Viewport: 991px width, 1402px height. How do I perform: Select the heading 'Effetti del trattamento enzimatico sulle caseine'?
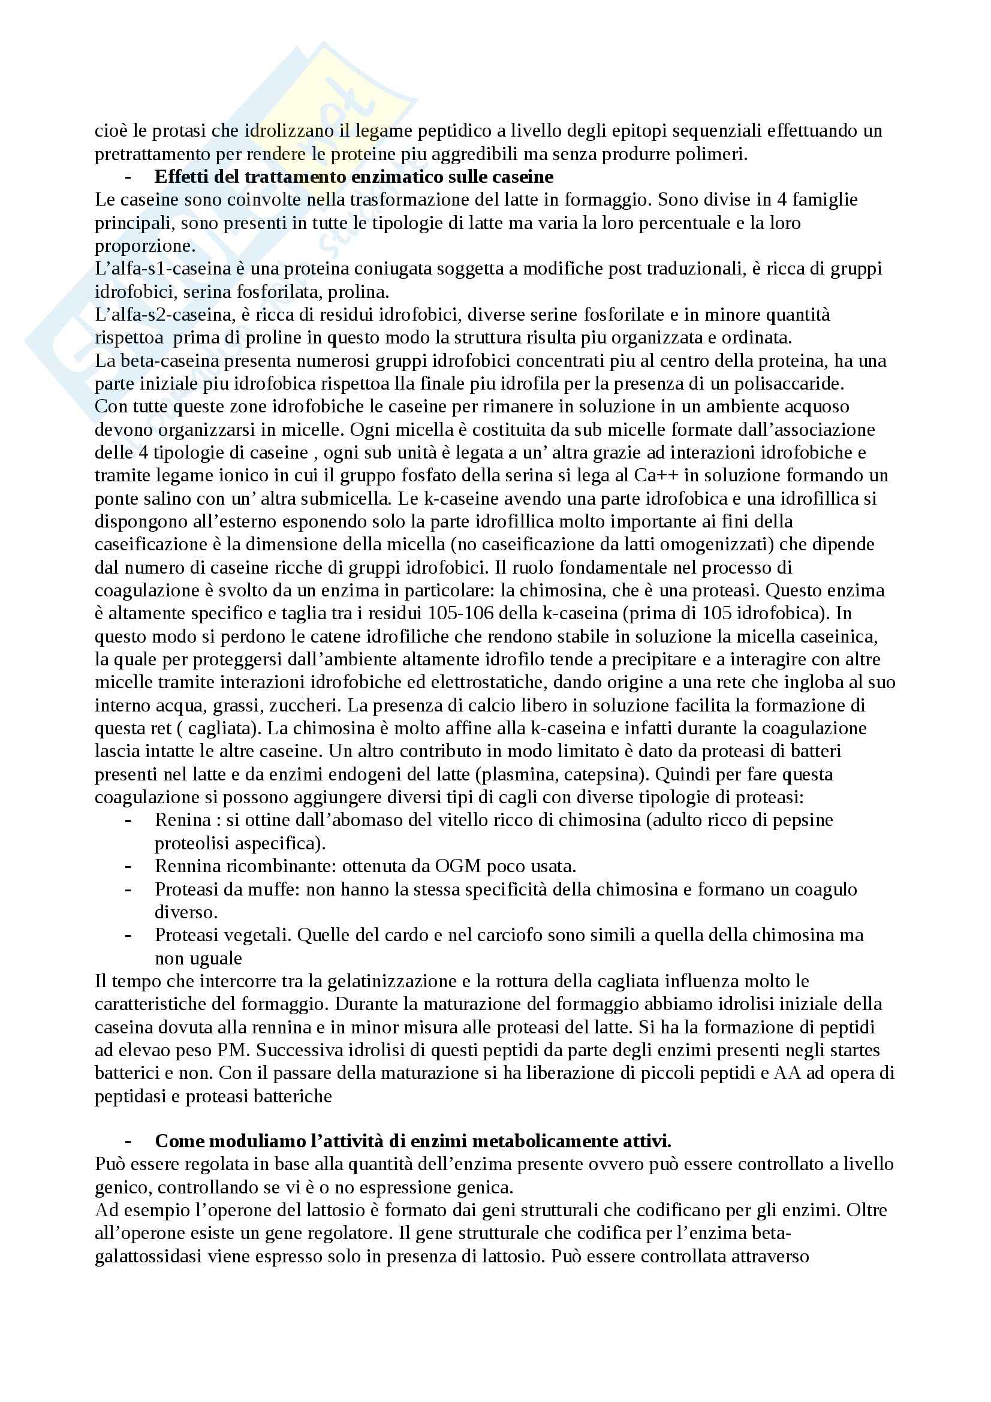click(354, 177)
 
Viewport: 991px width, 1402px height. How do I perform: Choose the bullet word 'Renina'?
click(183, 820)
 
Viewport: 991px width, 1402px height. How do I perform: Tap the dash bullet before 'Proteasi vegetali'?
click(128, 936)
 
